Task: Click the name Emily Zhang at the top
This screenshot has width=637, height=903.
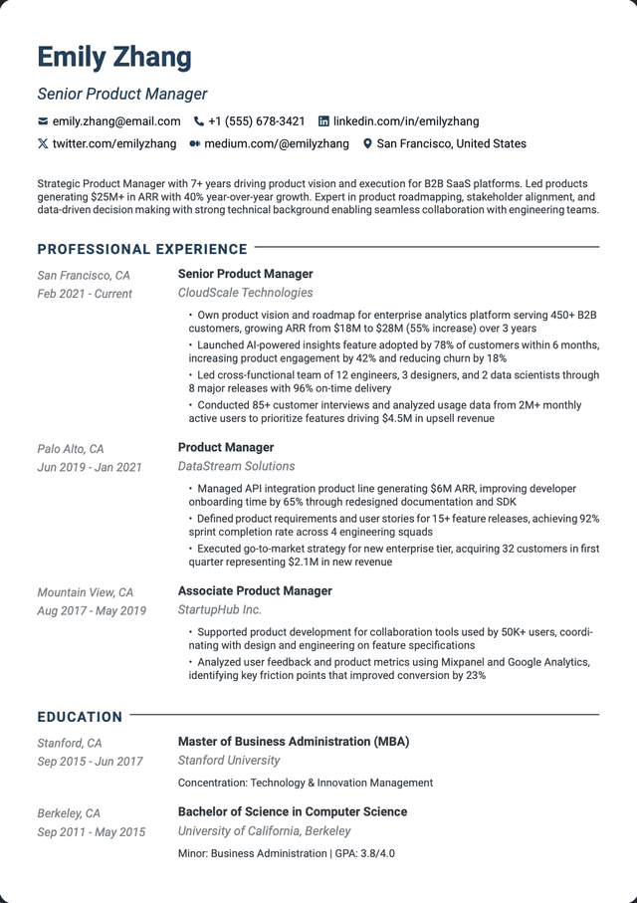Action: tap(114, 57)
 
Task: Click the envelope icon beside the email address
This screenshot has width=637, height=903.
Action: tap(43, 121)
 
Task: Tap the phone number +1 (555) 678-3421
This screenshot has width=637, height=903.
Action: tap(257, 121)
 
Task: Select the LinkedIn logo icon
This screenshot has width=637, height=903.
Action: tap(323, 121)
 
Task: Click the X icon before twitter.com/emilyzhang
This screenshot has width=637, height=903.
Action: tap(43, 144)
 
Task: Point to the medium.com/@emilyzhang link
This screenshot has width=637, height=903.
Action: tap(277, 144)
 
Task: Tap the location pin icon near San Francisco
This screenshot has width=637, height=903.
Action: tap(367, 144)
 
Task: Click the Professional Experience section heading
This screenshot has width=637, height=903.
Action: tap(142, 249)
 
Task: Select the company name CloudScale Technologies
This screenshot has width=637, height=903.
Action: tap(245, 293)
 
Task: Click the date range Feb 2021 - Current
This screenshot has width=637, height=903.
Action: tap(85, 294)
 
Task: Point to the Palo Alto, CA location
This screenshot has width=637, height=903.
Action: tap(71, 449)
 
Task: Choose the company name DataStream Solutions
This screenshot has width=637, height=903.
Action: tap(236, 466)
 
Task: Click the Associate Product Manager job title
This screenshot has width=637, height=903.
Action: tap(255, 590)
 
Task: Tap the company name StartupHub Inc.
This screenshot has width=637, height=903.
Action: tap(219, 609)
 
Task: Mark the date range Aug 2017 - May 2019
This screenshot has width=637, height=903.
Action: tap(92, 610)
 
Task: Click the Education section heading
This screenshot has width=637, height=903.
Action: tap(80, 717)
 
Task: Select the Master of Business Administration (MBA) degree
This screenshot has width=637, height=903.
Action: tap(294, 742)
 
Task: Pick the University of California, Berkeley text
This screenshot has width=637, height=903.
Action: tap(264, 831)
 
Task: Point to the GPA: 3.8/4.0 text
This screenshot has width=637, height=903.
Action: tap(366, 853)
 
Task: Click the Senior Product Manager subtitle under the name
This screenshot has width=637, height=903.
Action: tap(122, 95)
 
